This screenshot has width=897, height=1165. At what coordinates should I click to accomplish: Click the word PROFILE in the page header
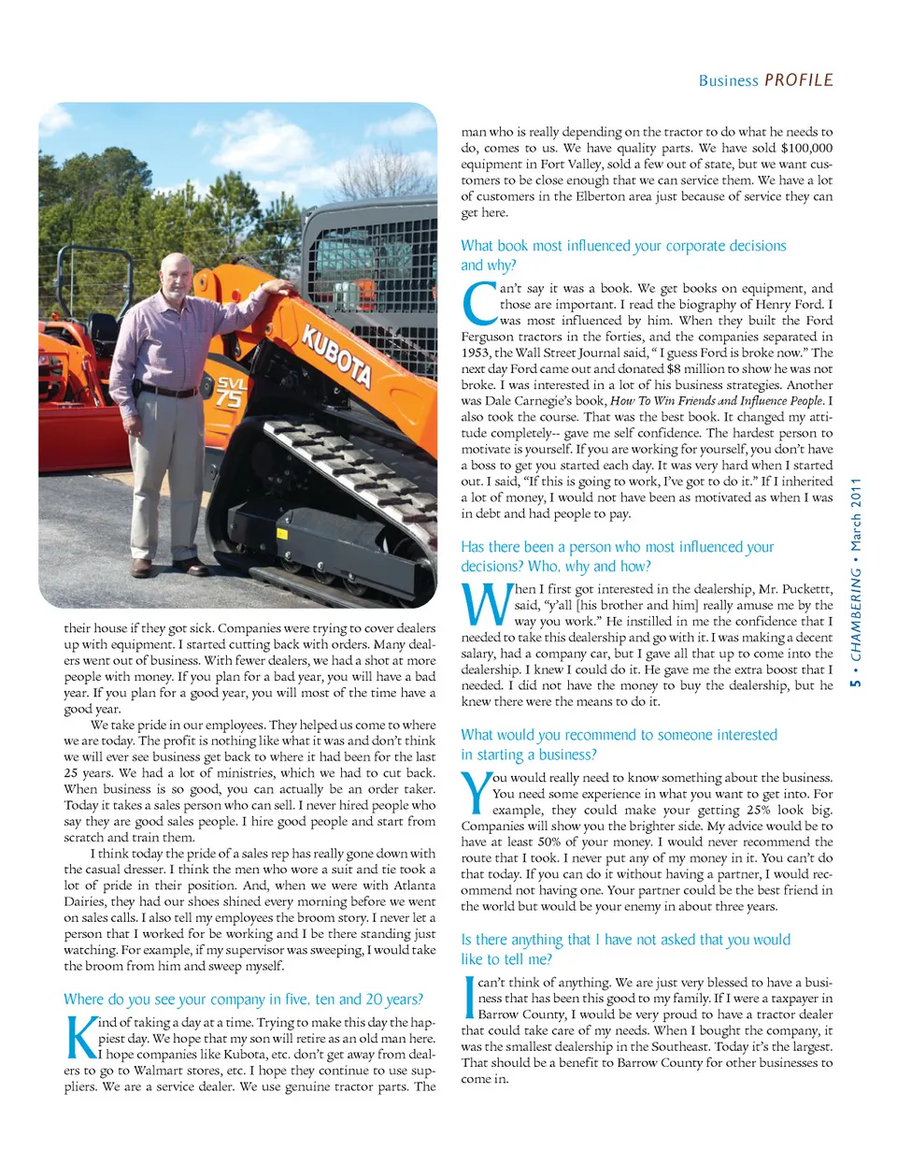pos(799,80)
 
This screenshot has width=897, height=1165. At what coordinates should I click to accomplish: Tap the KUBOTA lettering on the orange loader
pos(336,354)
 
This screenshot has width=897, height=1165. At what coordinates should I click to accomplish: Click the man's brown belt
pos(169,392)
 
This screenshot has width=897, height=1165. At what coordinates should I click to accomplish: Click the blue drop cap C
pos(479,305)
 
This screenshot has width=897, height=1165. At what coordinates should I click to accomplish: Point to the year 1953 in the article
pos(476,352)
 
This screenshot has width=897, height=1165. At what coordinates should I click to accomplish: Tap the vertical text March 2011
pos(856,514)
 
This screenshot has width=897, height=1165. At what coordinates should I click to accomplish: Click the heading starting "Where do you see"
pos(243,1000)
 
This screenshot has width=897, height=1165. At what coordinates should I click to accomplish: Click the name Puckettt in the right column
pos(806,589)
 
